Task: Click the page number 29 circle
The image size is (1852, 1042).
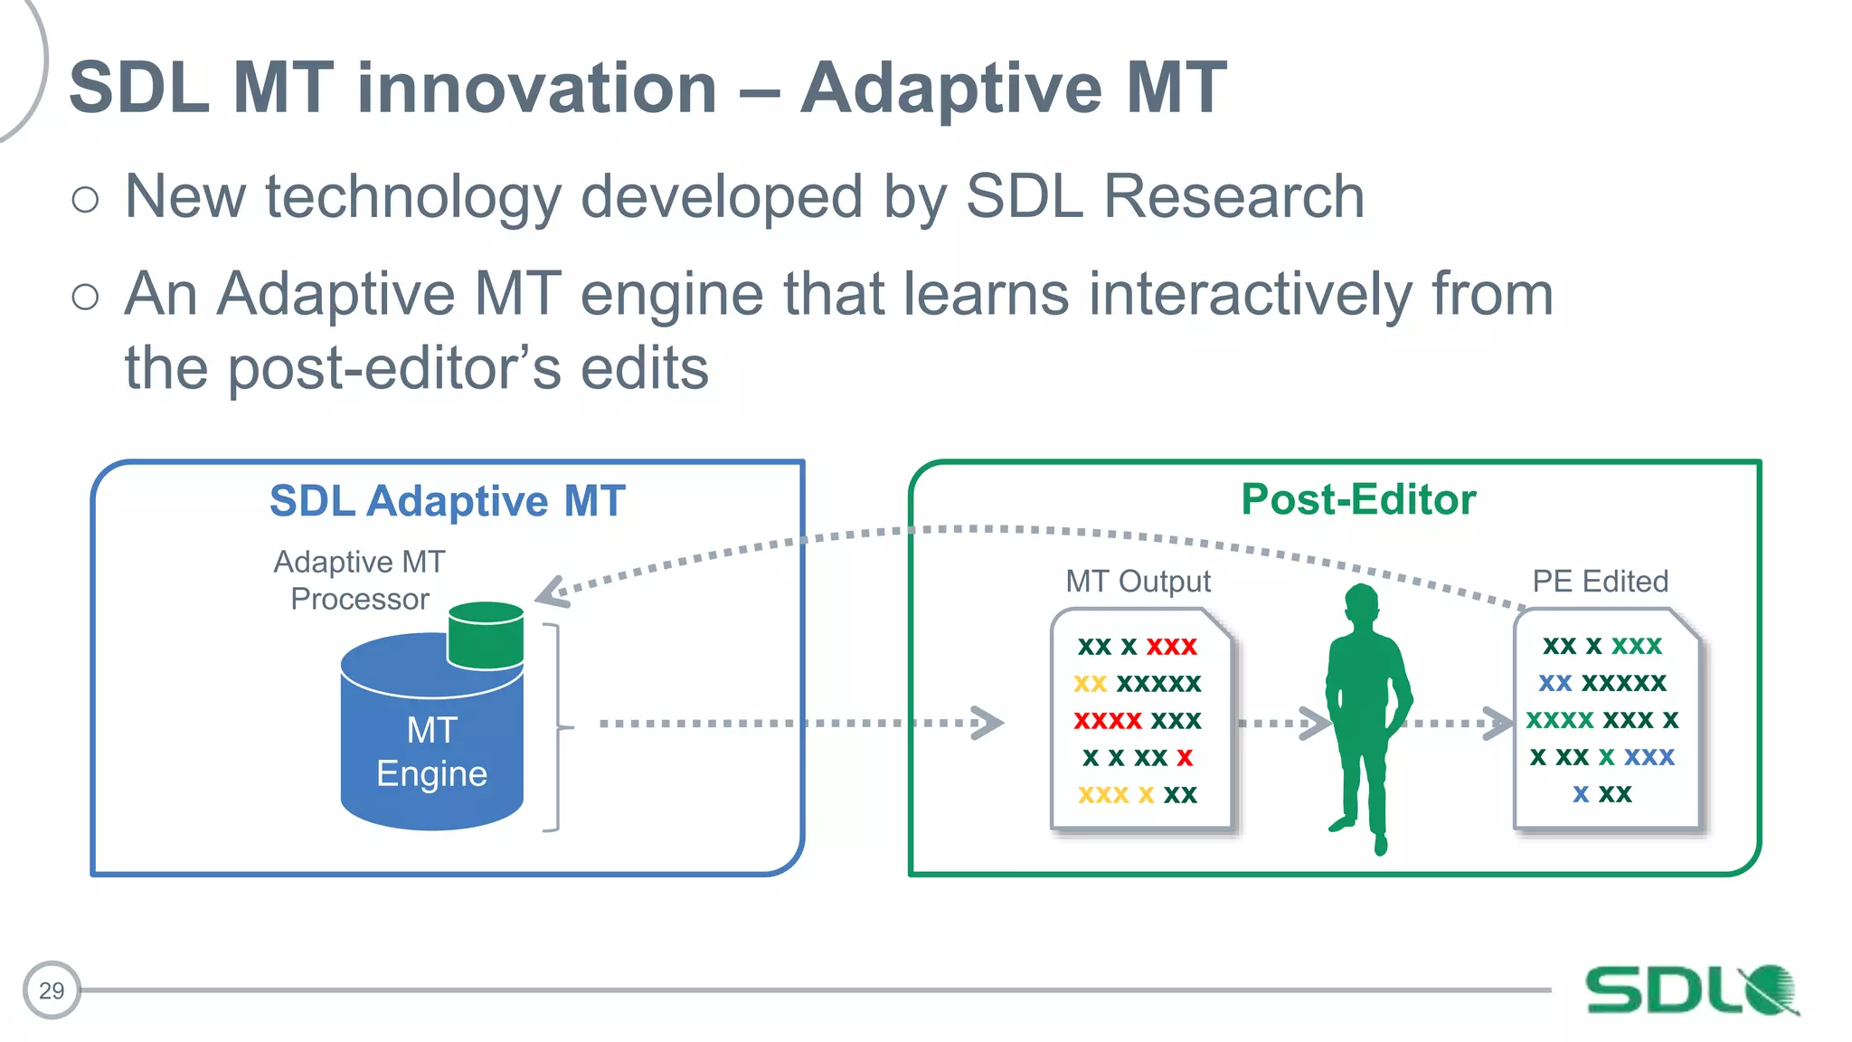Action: (52, 990)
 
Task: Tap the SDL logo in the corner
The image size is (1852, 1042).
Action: (1691, 990)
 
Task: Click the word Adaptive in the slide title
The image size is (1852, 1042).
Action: (950, 88)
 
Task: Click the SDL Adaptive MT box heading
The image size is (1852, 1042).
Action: (447, 501)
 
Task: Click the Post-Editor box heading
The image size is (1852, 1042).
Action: (1358, 499)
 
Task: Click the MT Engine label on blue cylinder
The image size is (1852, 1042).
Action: (431, 752)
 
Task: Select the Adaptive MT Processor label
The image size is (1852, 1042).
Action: (359, 580)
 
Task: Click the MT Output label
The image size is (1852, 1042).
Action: (1138, 581)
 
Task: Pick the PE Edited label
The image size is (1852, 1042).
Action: (1600, 581)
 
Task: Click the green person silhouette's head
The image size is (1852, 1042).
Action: (1362, 604)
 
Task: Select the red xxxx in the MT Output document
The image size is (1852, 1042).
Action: (1108, 721)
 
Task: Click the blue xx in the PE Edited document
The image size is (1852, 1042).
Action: (1555, 683)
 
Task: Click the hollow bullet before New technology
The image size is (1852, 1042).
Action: (85, 199)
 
